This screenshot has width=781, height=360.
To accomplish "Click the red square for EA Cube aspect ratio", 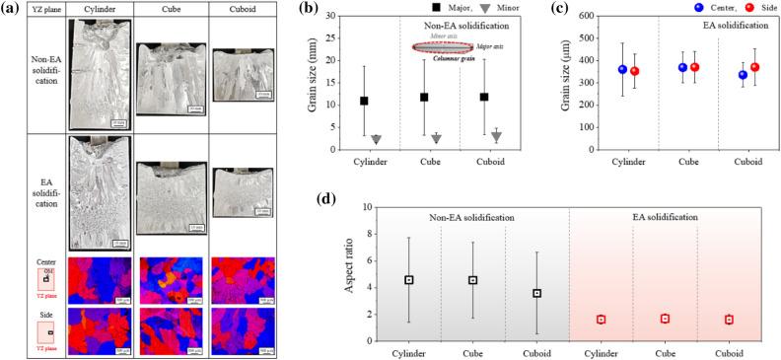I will [666, 319].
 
